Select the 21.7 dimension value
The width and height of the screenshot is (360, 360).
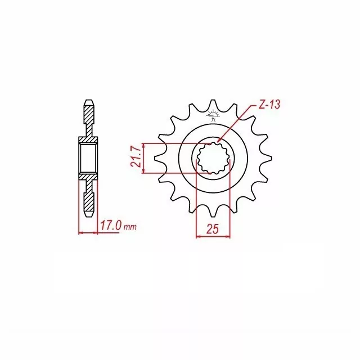coord(136,158)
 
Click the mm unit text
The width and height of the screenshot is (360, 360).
coord(130,228)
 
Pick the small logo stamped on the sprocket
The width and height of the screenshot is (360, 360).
coord(213,116)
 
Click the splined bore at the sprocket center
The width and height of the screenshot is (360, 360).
coord(213,158)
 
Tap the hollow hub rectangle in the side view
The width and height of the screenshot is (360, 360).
coord(88,159)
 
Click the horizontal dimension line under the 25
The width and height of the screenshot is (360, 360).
coord(213,236)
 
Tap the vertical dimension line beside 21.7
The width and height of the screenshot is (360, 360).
coord(145,158)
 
